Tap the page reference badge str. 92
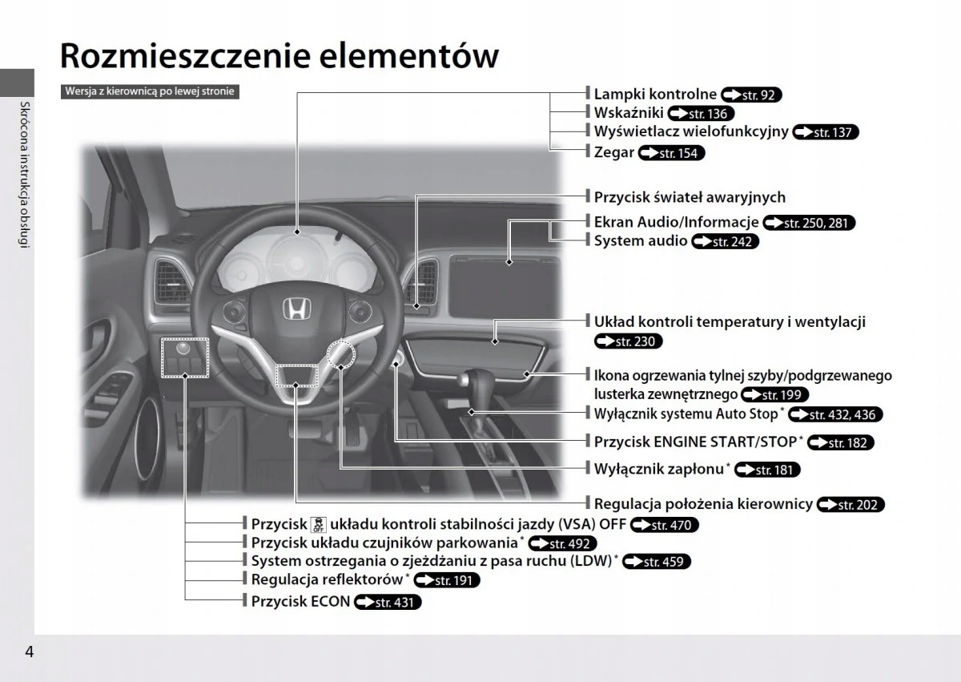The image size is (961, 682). coord(751,95)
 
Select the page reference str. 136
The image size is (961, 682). coord(701,114)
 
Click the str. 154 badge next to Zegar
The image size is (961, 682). coord(672,153)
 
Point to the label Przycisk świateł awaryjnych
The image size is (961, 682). coord(690,197)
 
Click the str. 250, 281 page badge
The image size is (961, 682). coord(810,223)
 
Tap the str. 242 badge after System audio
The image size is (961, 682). coord(725,241)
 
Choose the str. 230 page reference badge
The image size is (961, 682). coord(629,342)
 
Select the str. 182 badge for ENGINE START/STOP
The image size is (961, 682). coord(841,442)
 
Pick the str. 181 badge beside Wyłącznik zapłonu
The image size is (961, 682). coord(767,470)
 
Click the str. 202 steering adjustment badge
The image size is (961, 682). coord(850,505)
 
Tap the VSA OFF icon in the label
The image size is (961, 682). coord(318,525)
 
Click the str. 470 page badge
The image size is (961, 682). coord(665,526)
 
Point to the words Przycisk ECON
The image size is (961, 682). coord(300,601)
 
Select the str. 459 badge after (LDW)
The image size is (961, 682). coord(656,562)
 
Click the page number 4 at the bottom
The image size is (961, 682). coord(30,651)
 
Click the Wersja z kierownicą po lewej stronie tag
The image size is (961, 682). coord(150,91)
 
